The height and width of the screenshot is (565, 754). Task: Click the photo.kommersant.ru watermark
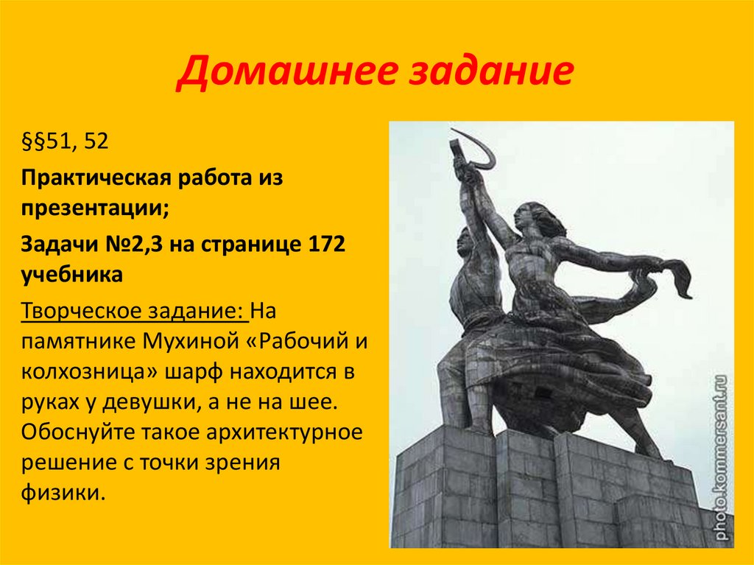[721, 457]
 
